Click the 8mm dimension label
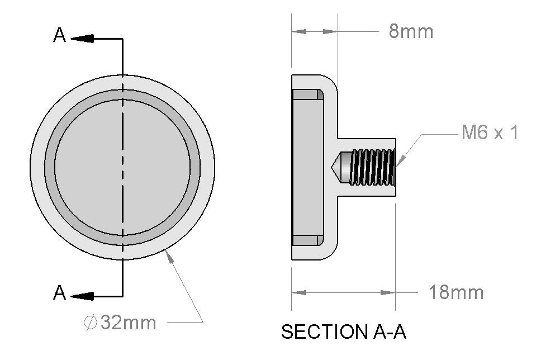click(411, 31)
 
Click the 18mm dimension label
click(455, 292)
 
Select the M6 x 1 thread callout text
click(490, 133)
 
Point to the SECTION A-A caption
click(343, 332)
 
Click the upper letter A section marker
click(59, 36)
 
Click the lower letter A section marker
click(59, 292)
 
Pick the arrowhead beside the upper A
click(82, 38)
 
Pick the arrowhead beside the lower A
click(82, 295)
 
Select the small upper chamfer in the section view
click(321, 94)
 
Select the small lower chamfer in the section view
click(321, 240)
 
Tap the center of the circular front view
click(122, 167)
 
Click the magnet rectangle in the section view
click(308, 167)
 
